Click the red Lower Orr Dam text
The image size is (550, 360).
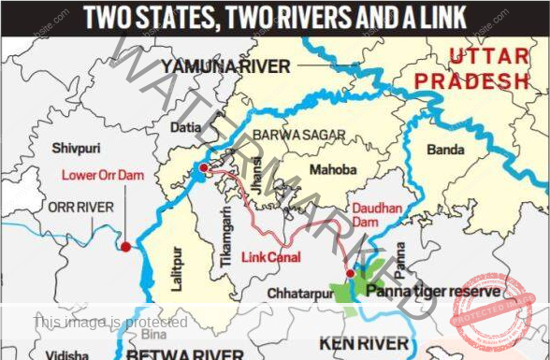(103, 174)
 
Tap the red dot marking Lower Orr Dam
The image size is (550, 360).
(125, 247)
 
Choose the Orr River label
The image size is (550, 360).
(56, 207)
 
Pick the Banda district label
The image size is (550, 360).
(445, 150)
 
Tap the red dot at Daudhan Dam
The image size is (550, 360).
(351, 273)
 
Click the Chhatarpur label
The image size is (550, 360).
(298, 294)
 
